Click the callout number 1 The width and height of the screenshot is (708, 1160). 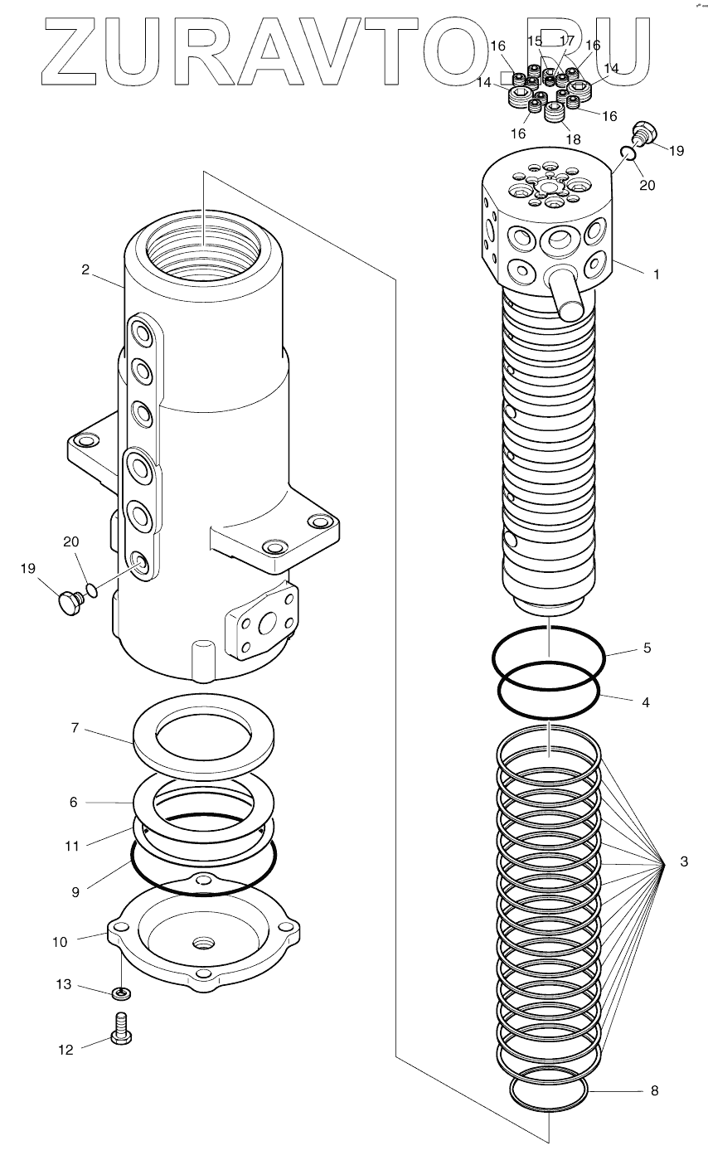coord(657,273)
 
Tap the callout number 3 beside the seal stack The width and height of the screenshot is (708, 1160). coord(683,863)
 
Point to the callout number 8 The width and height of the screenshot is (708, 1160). coord(654,1091)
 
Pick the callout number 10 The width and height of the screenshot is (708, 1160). coord(60,942)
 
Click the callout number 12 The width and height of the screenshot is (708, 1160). coord(65,1050)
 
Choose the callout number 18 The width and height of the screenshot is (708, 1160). coord(573,140)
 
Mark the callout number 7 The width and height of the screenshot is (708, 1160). coord(75,728)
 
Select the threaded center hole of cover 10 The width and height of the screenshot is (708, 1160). coord(201,943)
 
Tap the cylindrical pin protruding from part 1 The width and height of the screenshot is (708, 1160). coord(570,297)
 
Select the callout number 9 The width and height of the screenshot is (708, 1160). coord(75,892)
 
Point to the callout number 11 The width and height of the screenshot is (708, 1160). coord(72,847)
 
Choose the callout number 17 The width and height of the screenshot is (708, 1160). coord(567,40)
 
